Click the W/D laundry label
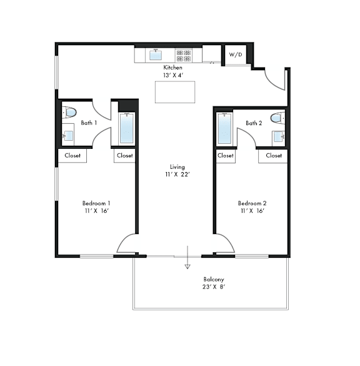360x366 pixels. point(236,54)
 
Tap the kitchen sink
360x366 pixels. point(156,55)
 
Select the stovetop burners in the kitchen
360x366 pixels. point(184,56)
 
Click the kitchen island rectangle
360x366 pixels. point(175,92)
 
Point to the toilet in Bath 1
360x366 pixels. point(69,113)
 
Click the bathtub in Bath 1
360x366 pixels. point(127,128)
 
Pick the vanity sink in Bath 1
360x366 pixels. point(68,136)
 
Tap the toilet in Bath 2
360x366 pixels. point(277,118)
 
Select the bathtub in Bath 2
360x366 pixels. point(224,129)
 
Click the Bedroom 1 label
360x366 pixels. point(96,203)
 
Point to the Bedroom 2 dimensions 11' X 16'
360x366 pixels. point(252,211)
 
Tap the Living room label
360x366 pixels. point(177,167)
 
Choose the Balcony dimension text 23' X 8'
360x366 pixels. point(214,287)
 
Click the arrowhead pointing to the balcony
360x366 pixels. point(187,267)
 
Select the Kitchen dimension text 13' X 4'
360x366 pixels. point(174,75)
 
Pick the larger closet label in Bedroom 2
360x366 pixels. point(274,155)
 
